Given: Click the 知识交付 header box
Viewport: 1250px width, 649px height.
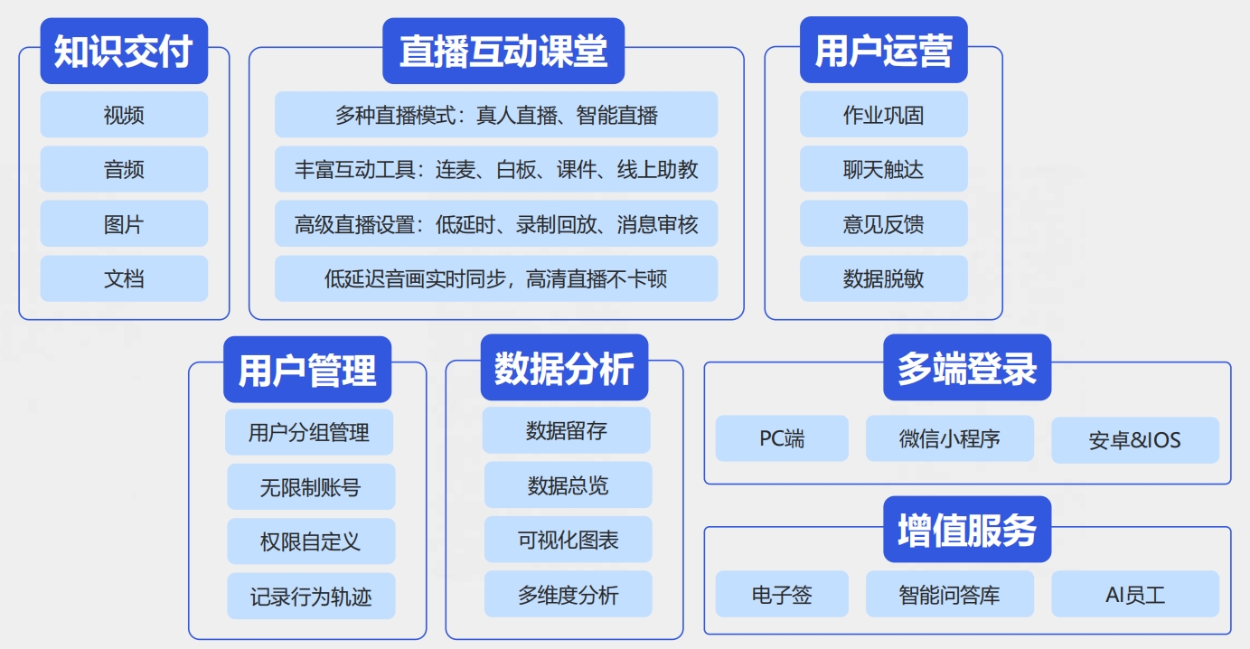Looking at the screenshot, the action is [124, 51].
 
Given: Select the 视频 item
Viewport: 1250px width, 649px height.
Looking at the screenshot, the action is [124, 115].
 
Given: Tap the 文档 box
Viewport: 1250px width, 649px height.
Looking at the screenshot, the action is [124, 278].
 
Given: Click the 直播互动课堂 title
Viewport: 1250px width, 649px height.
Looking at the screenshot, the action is [503, 51].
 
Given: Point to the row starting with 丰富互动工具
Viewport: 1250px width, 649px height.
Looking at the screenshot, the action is [496, 169].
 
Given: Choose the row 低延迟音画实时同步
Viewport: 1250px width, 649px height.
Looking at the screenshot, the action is [496, 278].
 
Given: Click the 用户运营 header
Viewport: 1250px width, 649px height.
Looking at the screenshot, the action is [883, 51].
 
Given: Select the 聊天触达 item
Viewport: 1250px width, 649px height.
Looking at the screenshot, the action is [883, 169].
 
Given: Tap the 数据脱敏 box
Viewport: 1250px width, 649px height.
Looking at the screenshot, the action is [883, 278].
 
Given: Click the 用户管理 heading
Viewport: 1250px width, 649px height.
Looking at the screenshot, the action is [307, 370].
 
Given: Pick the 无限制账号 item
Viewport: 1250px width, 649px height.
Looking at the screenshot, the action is [311, 486].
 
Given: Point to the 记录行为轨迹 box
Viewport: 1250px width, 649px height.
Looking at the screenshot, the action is [311, 596].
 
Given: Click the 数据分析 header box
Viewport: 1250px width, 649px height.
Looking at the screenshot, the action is [564, 368].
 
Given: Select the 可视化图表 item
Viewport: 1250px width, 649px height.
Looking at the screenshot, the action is [569, 540].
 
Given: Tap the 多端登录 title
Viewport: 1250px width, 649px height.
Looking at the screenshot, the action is [967, 368].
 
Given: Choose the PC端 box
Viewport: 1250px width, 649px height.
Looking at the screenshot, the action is [782, 438].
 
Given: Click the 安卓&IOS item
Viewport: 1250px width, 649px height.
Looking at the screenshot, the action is [1135, 440].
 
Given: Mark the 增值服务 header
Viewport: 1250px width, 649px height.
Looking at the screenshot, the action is [967, 530].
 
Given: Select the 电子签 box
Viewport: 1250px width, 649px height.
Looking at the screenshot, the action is [782, 594].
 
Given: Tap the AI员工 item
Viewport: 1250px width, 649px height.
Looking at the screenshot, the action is [1135, 594].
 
